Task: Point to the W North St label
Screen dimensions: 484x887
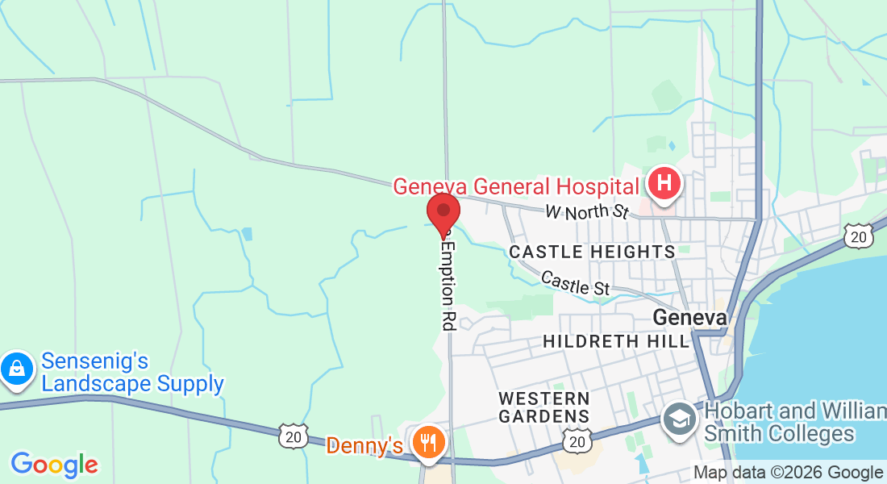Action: [x=585, y=213]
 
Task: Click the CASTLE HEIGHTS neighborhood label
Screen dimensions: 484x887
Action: [x=592, y=252]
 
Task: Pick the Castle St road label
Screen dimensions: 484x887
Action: [x=575, y=283]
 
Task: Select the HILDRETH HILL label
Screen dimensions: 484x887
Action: [x=617, y=341]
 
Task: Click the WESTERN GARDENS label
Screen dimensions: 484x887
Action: [x=543, y=407]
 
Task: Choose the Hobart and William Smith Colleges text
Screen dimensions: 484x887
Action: [x=794, y=422]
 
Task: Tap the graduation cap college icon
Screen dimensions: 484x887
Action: [x=680, y=419]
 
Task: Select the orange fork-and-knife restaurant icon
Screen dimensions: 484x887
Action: [x=427, y=442]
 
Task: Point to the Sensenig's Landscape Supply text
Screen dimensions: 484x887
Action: [x=132, y=372]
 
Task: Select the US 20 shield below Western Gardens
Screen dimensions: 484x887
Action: [x=576, y=441]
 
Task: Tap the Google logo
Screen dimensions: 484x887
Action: [x=54, y=465]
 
